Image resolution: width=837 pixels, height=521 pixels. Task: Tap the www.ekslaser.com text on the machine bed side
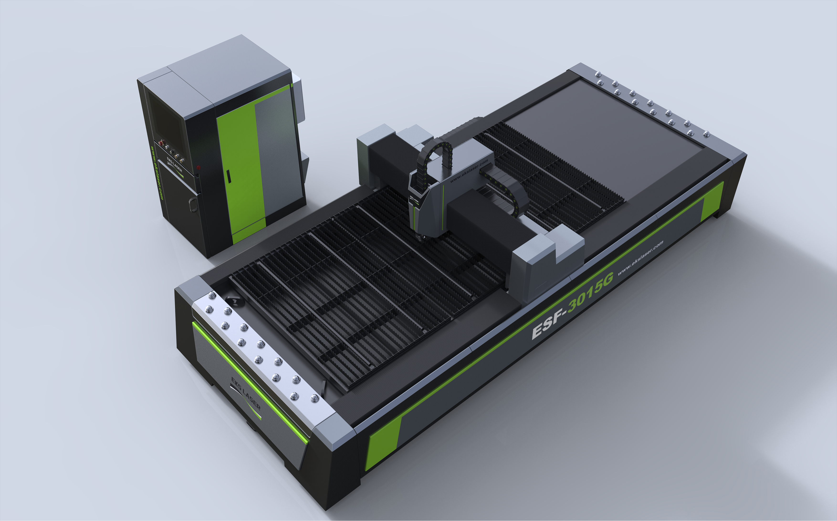(640, 258)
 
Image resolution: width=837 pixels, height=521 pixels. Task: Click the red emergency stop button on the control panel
(161, 142)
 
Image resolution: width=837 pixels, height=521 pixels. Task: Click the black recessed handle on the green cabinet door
(228, 176)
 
